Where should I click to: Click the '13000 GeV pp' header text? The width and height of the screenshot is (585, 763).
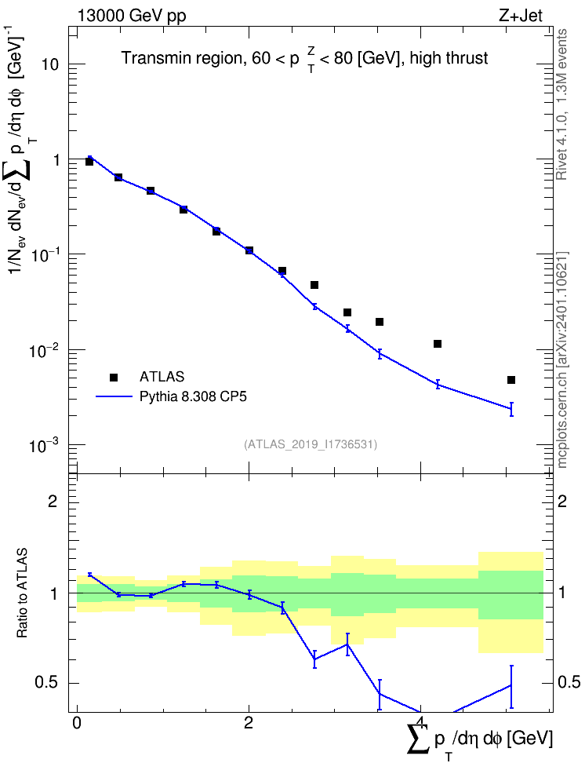132,16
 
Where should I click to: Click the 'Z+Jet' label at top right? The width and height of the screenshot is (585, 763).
521,16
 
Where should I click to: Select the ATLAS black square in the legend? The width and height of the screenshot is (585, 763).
114,377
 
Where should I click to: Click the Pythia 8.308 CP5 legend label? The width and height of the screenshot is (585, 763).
193,396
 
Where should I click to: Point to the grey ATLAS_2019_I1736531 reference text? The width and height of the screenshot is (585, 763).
311,444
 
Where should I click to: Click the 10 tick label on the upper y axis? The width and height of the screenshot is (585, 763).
49,64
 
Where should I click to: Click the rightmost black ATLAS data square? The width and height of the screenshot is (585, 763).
511,380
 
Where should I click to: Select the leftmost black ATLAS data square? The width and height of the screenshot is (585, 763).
89,162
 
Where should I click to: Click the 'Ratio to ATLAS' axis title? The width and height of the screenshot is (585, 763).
21,593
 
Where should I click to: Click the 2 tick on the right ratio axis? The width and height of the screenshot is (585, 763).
562,501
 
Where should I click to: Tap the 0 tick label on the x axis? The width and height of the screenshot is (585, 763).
76,723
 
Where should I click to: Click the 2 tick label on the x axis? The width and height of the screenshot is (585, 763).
249,723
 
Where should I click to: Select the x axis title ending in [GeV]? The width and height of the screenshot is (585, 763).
480,739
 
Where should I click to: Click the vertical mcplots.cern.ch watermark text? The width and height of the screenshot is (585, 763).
562,360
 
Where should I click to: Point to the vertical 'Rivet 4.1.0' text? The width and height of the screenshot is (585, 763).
561,104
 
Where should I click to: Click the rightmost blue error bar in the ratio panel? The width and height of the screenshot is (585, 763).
511,687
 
